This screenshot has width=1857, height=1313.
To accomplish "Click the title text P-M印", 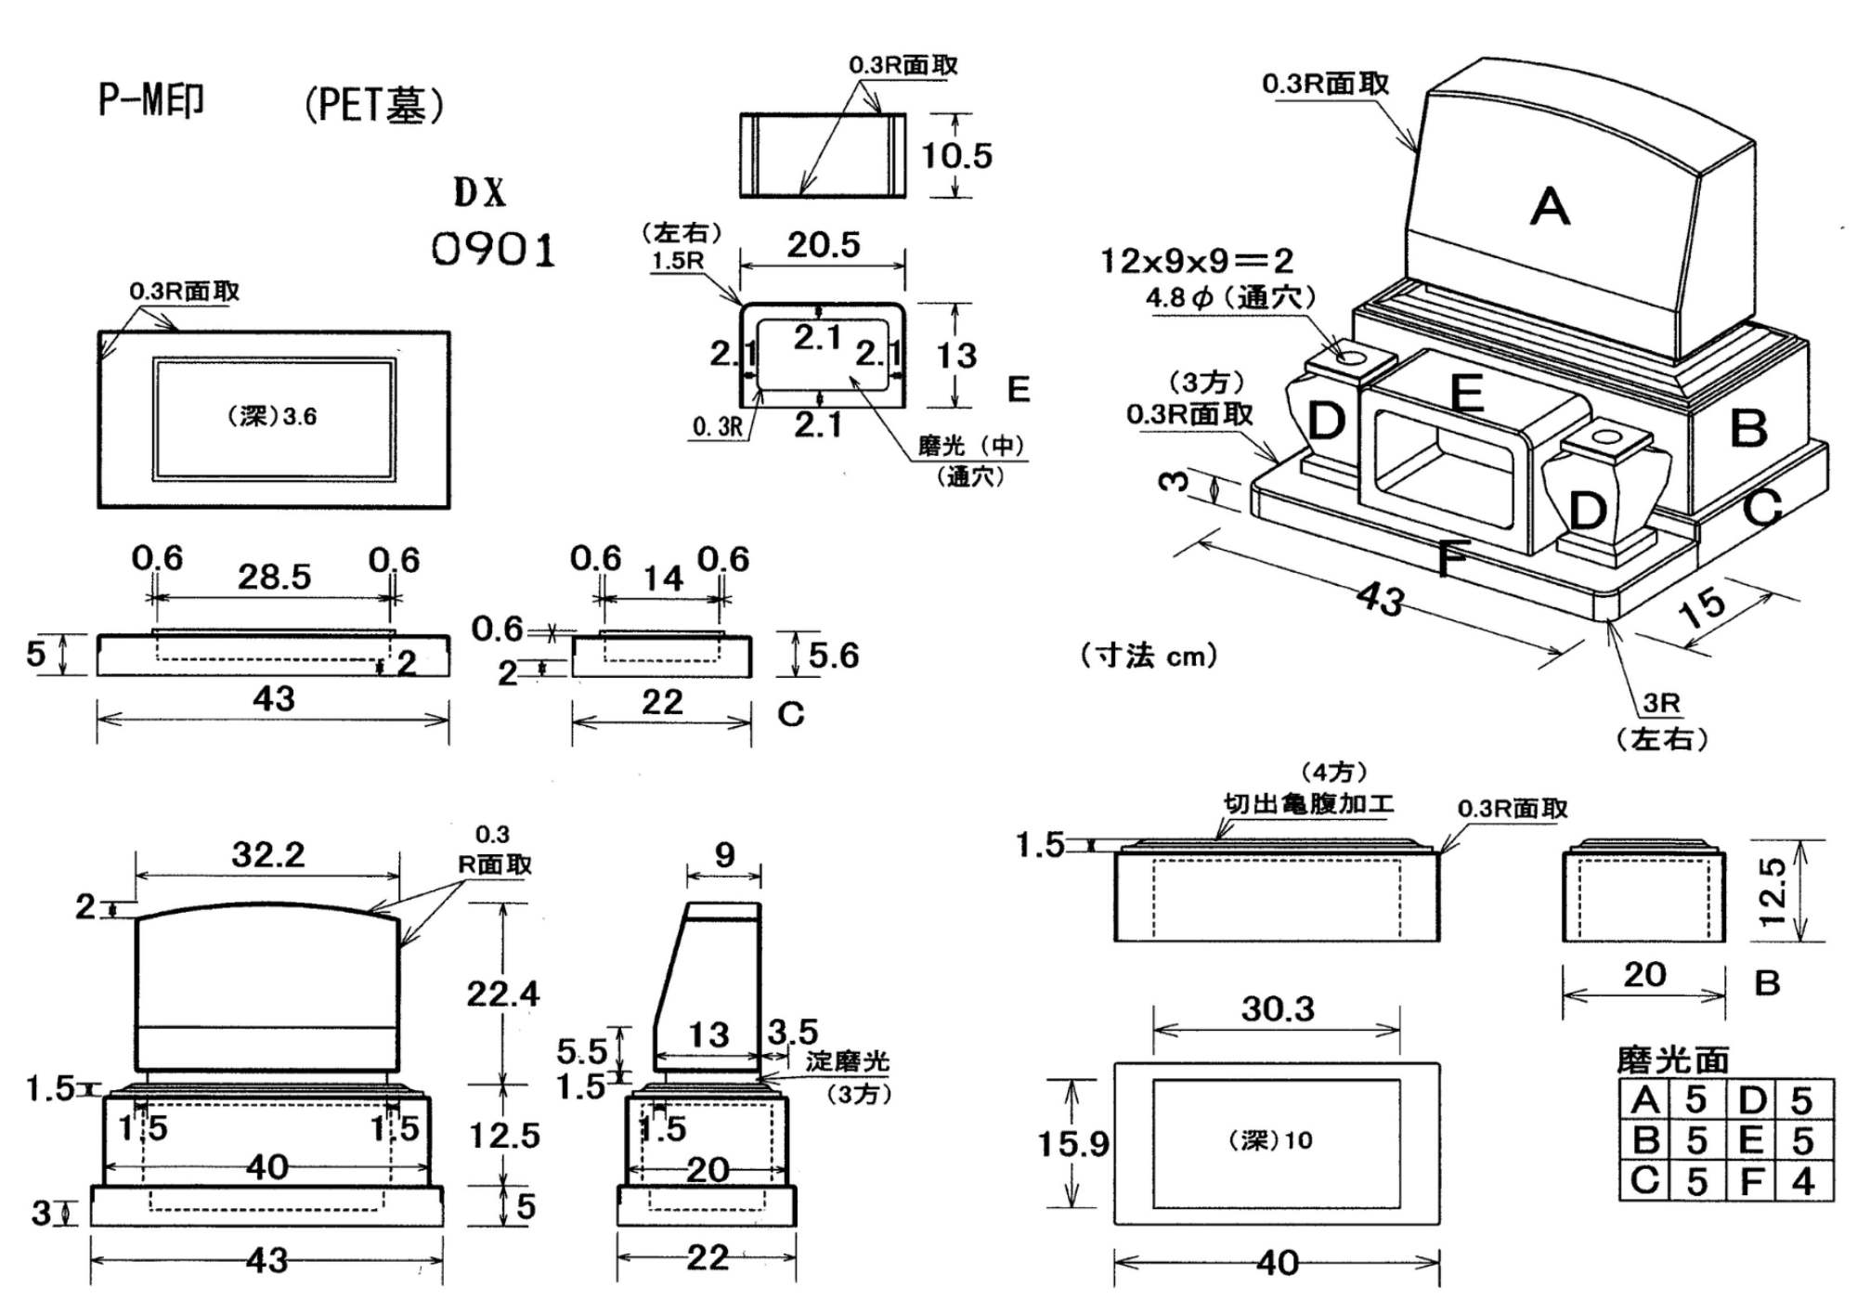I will coord(151,100).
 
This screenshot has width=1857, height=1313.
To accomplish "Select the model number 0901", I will coord(493,250).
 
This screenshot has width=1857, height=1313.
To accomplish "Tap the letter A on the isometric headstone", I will coord(1550,206).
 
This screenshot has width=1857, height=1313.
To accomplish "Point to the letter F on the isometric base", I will coord(1451,559).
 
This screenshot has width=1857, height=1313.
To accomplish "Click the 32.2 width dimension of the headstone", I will coord(267,854).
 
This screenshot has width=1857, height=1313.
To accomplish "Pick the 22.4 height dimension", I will coord(502,994).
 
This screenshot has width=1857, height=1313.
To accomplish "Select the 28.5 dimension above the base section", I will coord(274,577).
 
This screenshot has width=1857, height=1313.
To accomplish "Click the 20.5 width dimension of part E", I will coord(824,245).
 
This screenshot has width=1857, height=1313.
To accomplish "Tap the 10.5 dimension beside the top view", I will coord(956,155).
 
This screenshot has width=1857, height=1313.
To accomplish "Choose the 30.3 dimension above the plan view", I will coord(1278,1009).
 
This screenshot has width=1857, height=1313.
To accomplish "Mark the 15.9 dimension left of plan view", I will coord(1072,1144).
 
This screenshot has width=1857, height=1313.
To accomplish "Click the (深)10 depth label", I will coord(1270,1140).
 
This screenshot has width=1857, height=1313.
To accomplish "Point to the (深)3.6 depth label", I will coord(272,416).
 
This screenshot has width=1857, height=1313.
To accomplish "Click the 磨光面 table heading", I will coord(1672,1059).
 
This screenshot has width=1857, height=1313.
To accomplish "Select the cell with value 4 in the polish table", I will coord(1802,1181).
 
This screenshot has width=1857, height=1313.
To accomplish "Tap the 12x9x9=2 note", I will coord(1197,261).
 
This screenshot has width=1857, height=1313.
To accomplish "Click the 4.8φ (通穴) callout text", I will coord(1230,298).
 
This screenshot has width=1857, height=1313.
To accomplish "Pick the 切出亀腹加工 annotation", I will coord(1308,803).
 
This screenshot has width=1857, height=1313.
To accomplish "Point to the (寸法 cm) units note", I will coord(1149,656).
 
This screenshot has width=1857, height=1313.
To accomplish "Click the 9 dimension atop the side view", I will coord(724,854).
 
